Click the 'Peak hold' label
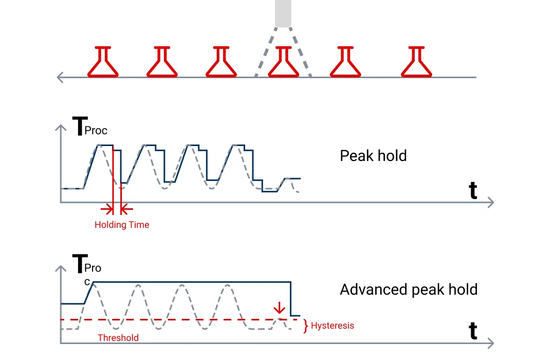(373, 156)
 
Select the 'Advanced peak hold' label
(409, 290)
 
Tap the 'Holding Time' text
(122, 225)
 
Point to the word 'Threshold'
(118, 338)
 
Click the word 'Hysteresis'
(332, 326)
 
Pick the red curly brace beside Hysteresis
(305, 326)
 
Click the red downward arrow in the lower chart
(279, 308)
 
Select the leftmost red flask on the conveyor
(103, 62)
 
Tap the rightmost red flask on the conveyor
(416, 62)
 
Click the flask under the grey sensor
(284, 62)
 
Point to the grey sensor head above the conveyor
(283, 13)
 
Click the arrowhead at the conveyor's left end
(60, 77)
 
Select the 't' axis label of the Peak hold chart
(473, 190)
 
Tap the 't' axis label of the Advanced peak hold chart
(473, 331)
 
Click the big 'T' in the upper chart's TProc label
(80, 126)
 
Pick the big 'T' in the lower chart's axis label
(80, 263)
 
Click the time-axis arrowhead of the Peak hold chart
(491, 203)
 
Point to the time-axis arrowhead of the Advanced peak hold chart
(491, 343)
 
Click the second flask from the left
(162, 62)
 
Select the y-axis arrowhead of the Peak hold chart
(61, 128)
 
